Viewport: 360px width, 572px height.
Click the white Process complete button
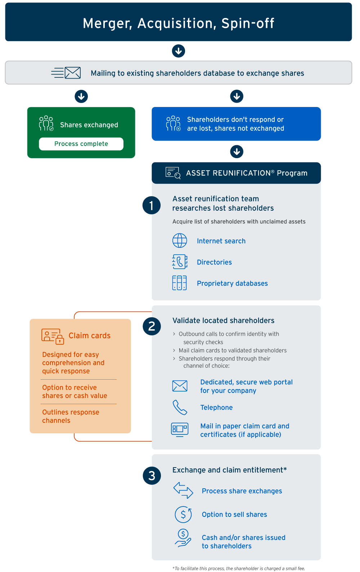tap(81, 144)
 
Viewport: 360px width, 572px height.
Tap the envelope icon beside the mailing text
tap(73, 73)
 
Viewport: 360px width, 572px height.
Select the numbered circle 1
tap(152, 205)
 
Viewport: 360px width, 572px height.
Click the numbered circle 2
tap(152, 326)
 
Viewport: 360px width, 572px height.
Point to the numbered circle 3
tap(152, 476)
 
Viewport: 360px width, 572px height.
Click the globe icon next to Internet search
tap(180, 241)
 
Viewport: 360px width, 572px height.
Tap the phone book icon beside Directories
tap(180, 262)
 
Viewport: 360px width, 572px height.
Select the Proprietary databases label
tap(232, 283)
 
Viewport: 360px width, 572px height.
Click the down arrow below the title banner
tap(178, 51)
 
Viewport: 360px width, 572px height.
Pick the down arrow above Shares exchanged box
tap(81, 96)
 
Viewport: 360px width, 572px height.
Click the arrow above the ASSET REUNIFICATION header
tap(237, 152)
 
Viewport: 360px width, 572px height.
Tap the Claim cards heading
tap(90, 336)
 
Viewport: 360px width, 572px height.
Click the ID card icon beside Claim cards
tap(53, 336)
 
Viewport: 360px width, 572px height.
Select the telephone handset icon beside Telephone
tap(180, 407)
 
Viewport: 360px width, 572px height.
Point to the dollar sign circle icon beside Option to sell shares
tap(183, 514)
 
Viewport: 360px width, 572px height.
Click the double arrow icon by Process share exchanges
tap(183, 490)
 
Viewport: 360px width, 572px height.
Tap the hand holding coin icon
tap(183, 538)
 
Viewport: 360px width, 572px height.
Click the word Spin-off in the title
tap(248, 23)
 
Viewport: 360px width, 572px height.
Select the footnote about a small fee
tap(239, 568)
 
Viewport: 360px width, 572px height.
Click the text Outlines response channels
tap(71, 416)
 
